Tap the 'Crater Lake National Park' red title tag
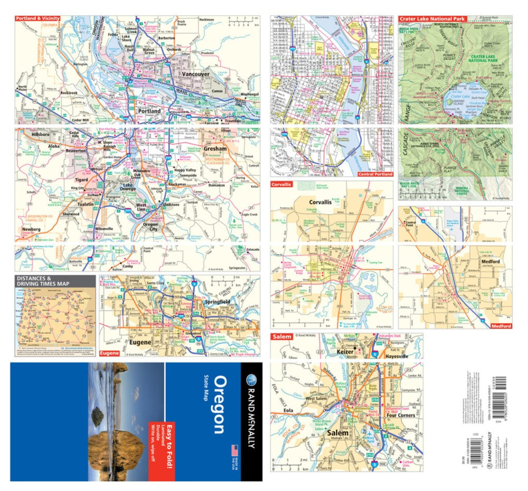[x=432, y=18]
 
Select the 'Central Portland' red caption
[x=375, y=174]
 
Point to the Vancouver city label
[x=196, y=74]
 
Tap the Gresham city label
[x=215, y=149]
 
